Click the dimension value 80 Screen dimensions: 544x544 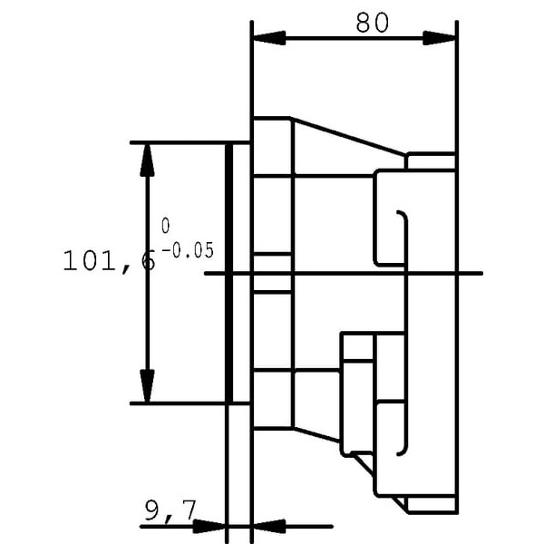pyautogui.click(x=373, y=23)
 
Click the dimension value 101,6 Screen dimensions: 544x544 pyautogui.click(x=109, y=261)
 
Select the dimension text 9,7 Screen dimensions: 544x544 pyautogui.click(x=170, y=511)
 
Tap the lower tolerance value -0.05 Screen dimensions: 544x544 pyautogui.click(x=188, y=250)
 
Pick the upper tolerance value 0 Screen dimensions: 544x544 pyautogui.click(x=166, y=226)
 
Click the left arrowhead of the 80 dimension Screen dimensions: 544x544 pyautogui.click(x=270, y=38)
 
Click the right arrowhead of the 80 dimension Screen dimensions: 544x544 pyautogui.click(x=439, y=38)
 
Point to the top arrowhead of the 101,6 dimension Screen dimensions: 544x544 pyautogui.click(x=147, y=160)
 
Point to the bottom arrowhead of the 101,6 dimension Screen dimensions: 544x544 pyautogui.click(x=147, y=386)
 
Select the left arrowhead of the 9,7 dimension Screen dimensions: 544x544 pyautogui.click(x=209, y=526)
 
